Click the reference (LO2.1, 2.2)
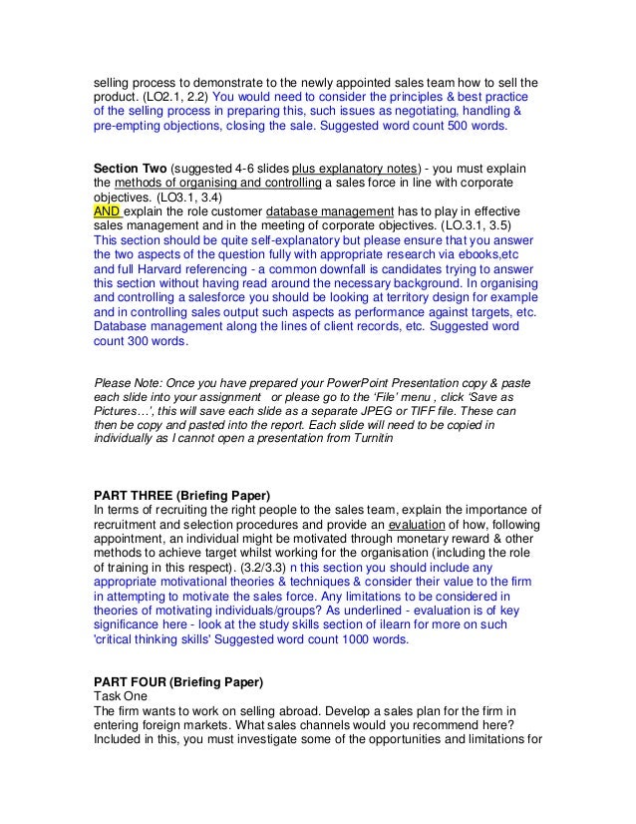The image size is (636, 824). [x=171, y=98]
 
